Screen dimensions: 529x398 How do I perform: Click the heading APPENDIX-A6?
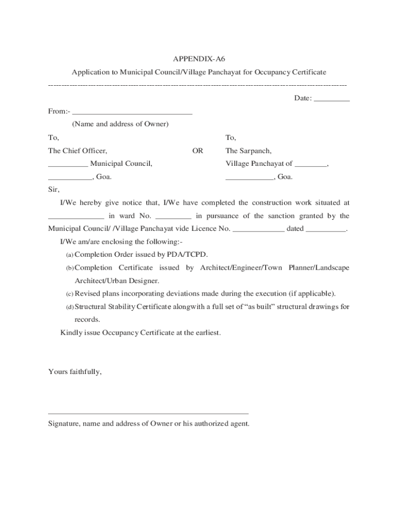(x=199, y=59)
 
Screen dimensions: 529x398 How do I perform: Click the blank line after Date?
(x=331, y=100)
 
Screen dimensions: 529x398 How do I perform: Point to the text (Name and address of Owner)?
(x=120, y=124)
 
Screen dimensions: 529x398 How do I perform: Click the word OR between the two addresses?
(x=198, y=151)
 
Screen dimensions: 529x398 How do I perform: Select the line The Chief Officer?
(x=78, y=151)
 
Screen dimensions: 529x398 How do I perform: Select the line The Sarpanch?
(x=248, y=151)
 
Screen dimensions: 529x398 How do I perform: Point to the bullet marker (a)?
(x=69, y=255)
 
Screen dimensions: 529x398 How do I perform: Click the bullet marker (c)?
(x=69, y=294)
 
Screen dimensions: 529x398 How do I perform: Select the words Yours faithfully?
(x=75, y=371)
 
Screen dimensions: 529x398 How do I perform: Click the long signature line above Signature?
(x=148, y=413)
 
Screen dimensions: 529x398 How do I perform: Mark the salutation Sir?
(x=54, y=190)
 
